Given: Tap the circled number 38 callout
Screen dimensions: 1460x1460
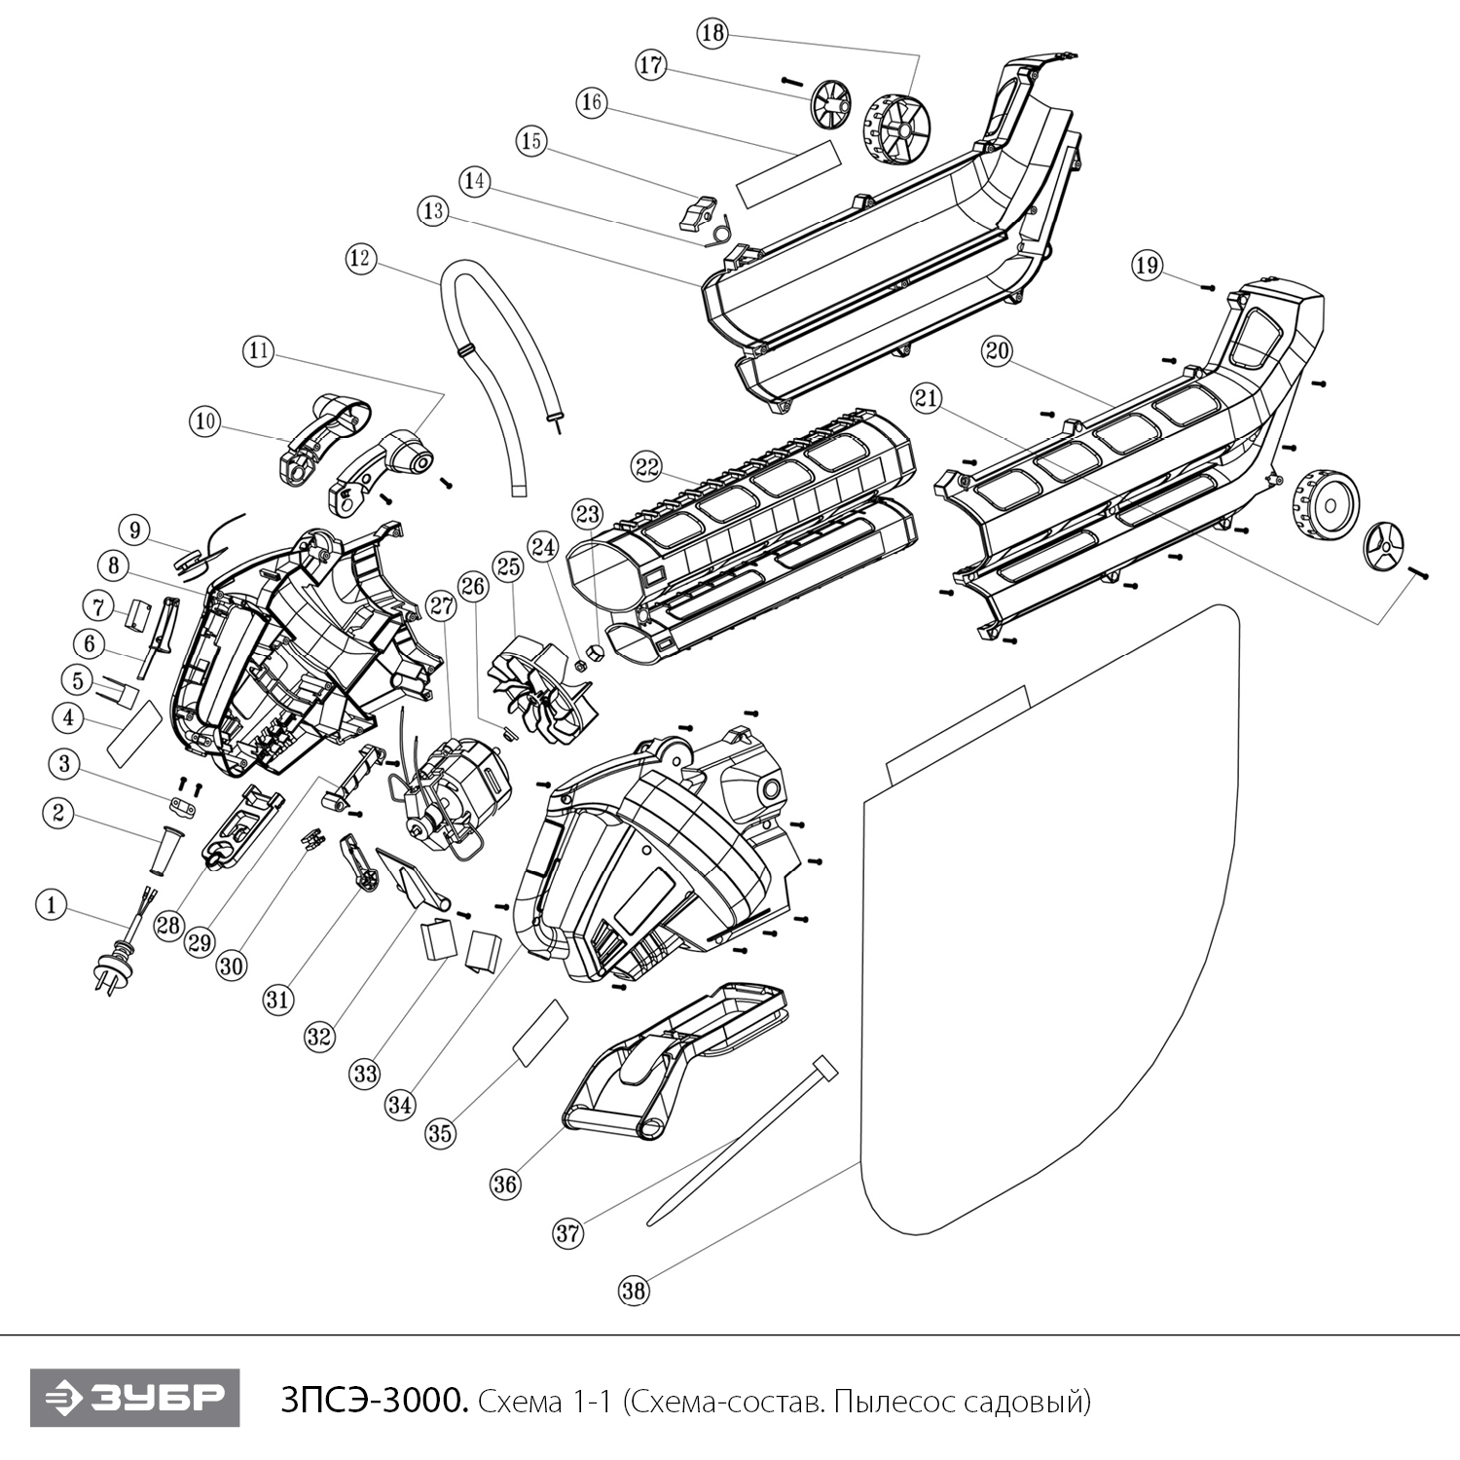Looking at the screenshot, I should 634,1291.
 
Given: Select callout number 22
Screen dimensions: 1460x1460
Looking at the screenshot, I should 645,466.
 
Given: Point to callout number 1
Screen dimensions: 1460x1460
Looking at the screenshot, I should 51,905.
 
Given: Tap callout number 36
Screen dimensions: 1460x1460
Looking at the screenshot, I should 506,1184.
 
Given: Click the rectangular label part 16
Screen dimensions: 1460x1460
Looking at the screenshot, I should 786,171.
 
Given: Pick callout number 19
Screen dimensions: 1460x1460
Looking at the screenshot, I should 1148,265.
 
